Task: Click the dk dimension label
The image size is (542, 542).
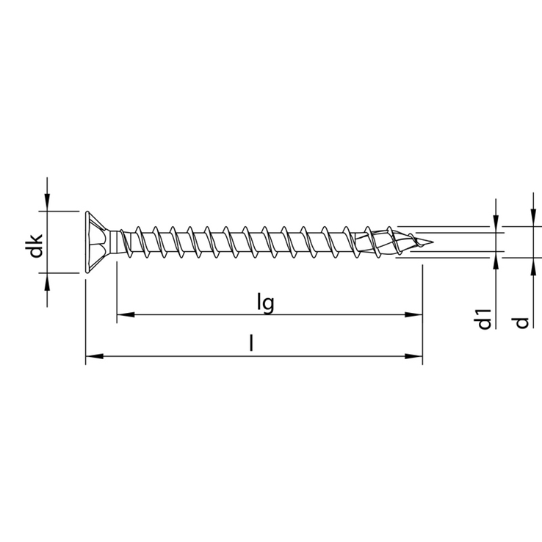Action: click(x=36, y=246)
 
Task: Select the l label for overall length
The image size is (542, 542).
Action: click(x=252, y=343)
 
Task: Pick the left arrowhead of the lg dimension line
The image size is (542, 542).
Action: click(x=126, y=314)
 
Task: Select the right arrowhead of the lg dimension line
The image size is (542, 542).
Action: click(x=413, y=314)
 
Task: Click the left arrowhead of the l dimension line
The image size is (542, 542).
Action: click(x=94, y=356)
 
